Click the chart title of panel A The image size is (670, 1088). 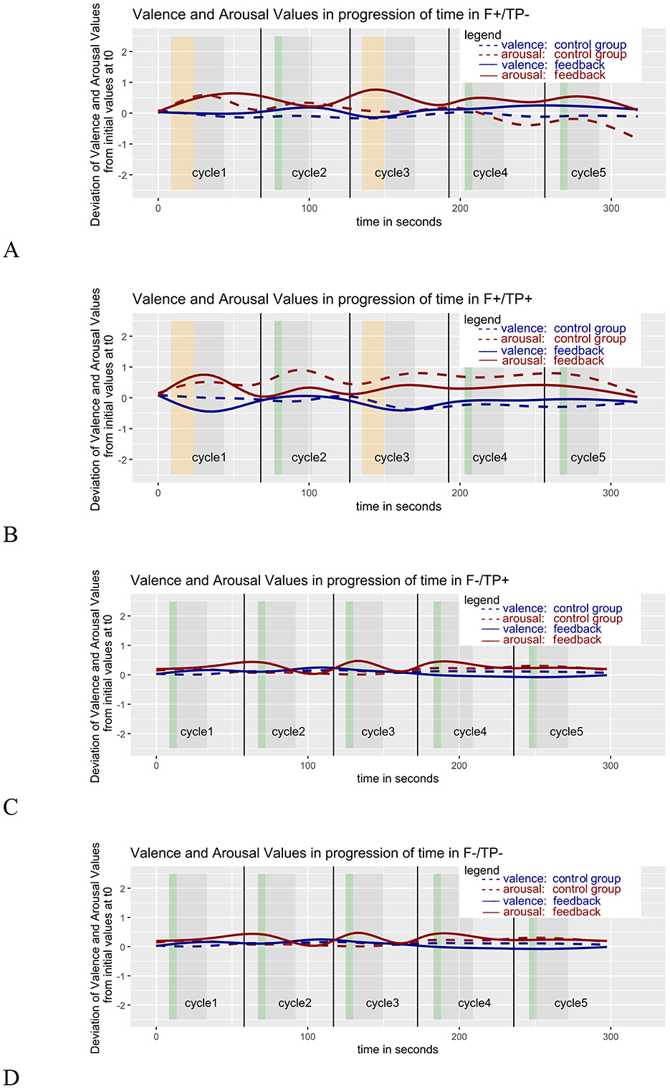330,15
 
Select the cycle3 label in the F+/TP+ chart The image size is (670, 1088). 392,458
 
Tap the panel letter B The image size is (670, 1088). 11,535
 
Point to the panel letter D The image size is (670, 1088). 11,1077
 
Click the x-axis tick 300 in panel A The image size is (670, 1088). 611,208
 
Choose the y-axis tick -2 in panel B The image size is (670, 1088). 123,460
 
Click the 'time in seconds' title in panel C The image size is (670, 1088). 398,779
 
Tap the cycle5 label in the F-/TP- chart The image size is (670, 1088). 570,1003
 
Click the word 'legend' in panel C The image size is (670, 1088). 482,600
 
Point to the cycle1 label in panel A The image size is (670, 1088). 209,173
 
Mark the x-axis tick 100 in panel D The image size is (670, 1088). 307,1036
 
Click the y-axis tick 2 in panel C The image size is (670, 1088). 123,616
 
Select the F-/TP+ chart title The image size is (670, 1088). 320,581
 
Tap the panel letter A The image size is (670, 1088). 11,250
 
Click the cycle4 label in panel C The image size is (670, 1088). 470,732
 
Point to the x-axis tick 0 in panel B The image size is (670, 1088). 158,493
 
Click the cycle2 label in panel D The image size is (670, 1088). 295,1003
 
